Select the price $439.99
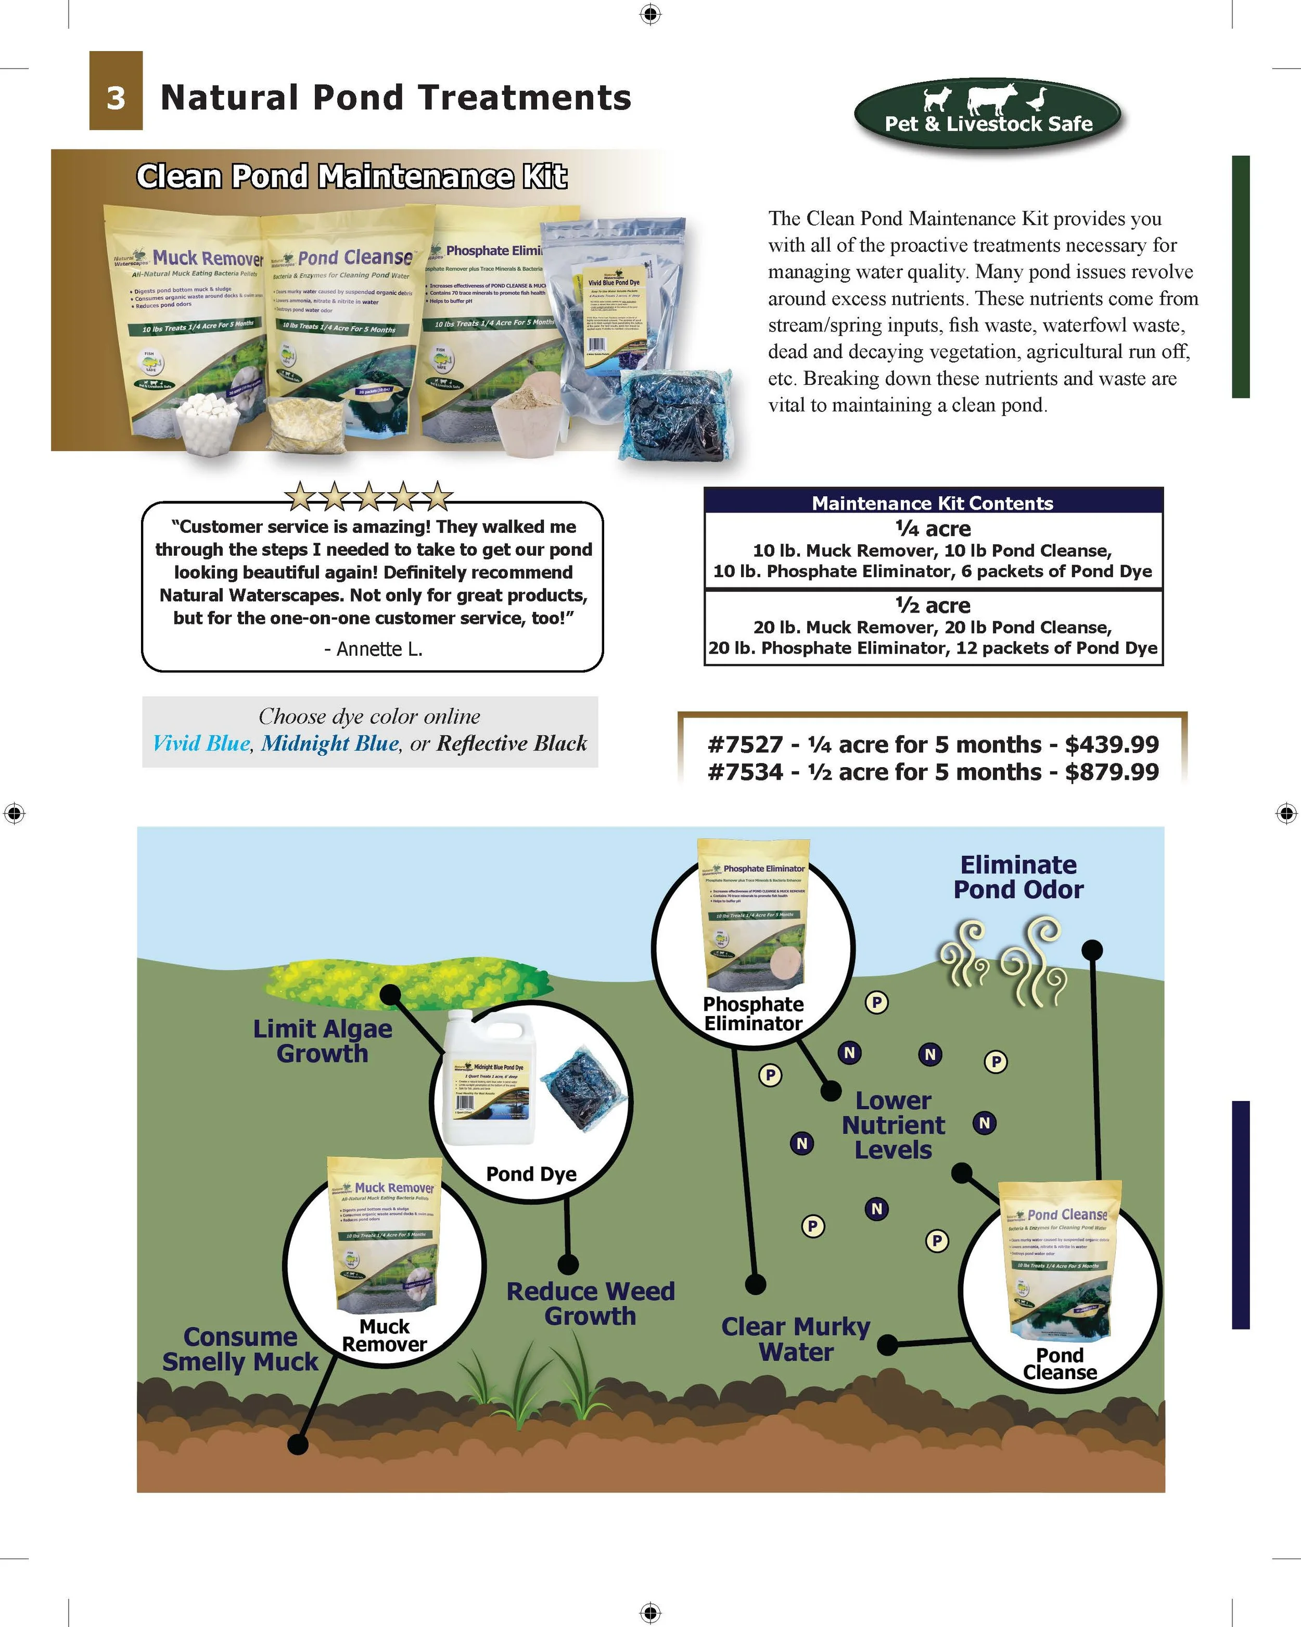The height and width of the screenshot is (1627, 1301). (x=1112, y=745)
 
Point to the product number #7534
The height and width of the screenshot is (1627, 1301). (x=745, y=772)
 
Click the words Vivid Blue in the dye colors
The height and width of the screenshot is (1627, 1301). (x=201, y=743)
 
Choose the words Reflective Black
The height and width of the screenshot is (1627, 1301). (x=512, y=743)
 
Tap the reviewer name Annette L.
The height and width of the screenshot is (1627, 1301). (x=373, y=649)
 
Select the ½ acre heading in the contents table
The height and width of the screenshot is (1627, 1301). (x=933, y=605)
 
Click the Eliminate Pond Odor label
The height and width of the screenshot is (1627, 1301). (x=1018, y=877)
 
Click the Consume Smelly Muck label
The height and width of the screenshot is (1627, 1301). (x=240, y=1349)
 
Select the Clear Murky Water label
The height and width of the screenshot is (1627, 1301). (x=796, y=1340)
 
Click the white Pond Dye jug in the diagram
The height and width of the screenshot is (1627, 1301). (x=490, y=1079)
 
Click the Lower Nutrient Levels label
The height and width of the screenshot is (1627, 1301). (x=893, y=1125)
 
